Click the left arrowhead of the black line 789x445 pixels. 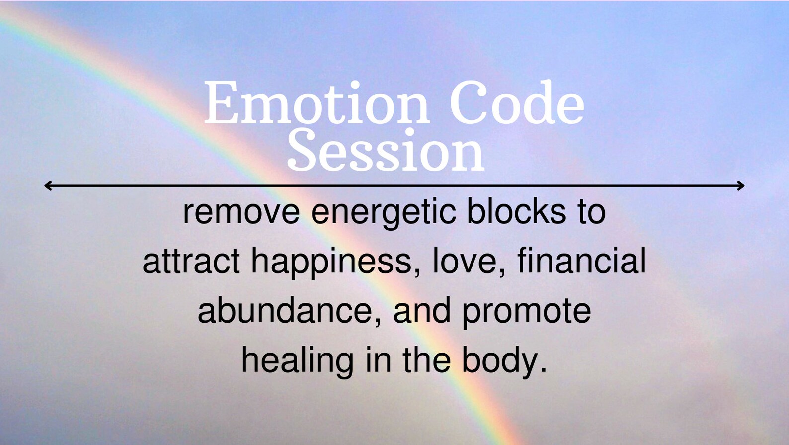48,186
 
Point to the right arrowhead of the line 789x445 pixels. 741,186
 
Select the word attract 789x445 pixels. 191,262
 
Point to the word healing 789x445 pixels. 297,361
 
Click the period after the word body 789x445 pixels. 543,371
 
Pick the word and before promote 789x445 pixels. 422,310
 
